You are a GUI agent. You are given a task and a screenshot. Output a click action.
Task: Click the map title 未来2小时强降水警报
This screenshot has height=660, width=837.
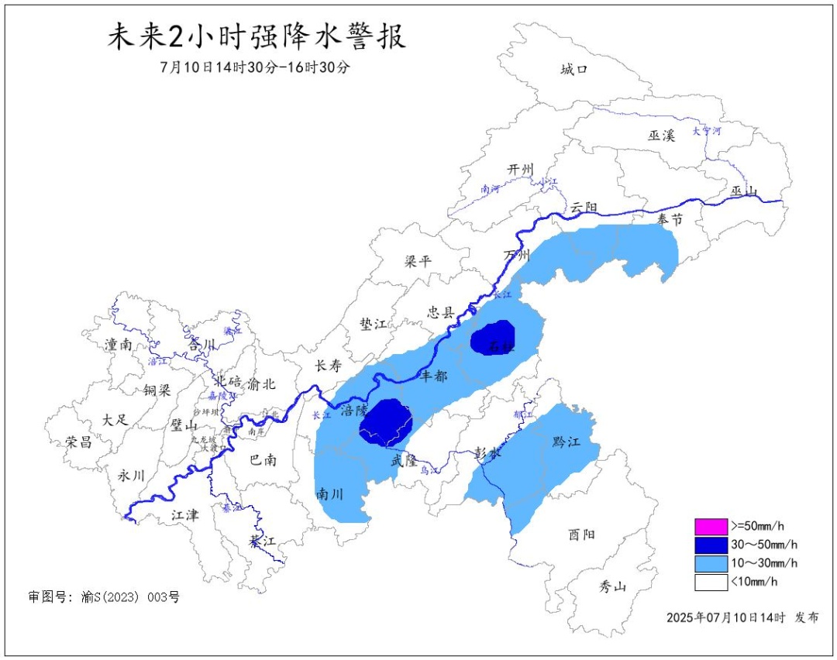256,38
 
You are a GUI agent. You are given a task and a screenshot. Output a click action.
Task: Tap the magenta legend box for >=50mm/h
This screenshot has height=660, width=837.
711,527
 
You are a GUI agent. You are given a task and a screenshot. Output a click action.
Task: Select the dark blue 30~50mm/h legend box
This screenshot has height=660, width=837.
711,545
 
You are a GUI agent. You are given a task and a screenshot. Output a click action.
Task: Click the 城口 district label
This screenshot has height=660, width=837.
574,70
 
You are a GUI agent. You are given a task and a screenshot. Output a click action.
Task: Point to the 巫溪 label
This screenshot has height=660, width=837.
661,136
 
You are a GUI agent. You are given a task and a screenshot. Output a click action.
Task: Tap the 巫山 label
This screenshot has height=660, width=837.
743,191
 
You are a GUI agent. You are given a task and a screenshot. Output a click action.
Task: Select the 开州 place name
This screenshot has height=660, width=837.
521,170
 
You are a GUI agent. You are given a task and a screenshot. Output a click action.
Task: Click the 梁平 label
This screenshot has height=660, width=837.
418,262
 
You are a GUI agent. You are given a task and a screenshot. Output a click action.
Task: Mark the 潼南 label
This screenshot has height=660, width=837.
118,345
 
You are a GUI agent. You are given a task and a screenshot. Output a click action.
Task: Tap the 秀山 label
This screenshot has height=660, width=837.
612,586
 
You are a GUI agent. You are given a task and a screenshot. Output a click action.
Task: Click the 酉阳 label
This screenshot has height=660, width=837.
581,534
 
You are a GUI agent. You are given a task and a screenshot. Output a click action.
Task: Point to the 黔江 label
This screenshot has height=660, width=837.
566,442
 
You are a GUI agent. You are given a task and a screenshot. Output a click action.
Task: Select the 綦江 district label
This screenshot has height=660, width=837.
262,541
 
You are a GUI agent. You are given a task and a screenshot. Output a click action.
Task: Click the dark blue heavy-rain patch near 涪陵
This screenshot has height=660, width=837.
386,422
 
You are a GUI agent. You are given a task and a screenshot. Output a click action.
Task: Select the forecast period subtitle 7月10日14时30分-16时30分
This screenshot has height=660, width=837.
256,67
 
